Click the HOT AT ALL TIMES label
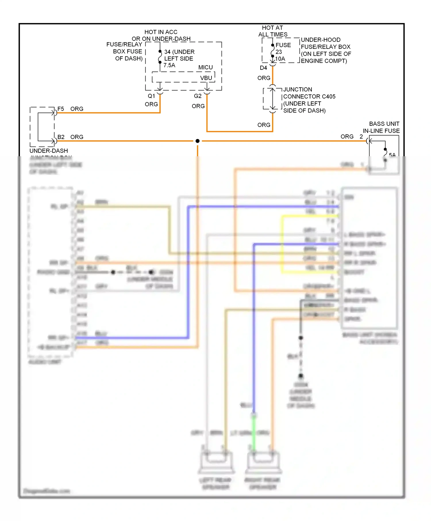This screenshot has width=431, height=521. (x=272, y=31)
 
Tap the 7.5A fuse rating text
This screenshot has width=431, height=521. (x=169, y=65)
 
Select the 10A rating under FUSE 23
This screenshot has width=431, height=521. (x=280, y=59)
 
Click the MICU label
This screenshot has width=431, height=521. (x=205, y=67)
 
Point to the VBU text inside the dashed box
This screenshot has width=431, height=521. (x=206, y=78)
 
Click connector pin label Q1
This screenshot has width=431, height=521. (x=151, y=96)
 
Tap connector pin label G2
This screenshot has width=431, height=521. (x=198, y=96)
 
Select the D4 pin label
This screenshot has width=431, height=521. (x=263, y=68)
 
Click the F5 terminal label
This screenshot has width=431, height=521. (x=61, y=109)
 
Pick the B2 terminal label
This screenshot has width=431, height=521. (x=61, y=137)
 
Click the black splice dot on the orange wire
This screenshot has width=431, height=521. (x=197, y=141)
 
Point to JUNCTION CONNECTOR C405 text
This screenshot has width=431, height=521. (x=309, y=93)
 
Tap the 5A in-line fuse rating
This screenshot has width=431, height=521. (x=392, y=155)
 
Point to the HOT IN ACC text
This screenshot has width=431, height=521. (x=161, y=32)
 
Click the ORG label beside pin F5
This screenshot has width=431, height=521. (x=77, y=109)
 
